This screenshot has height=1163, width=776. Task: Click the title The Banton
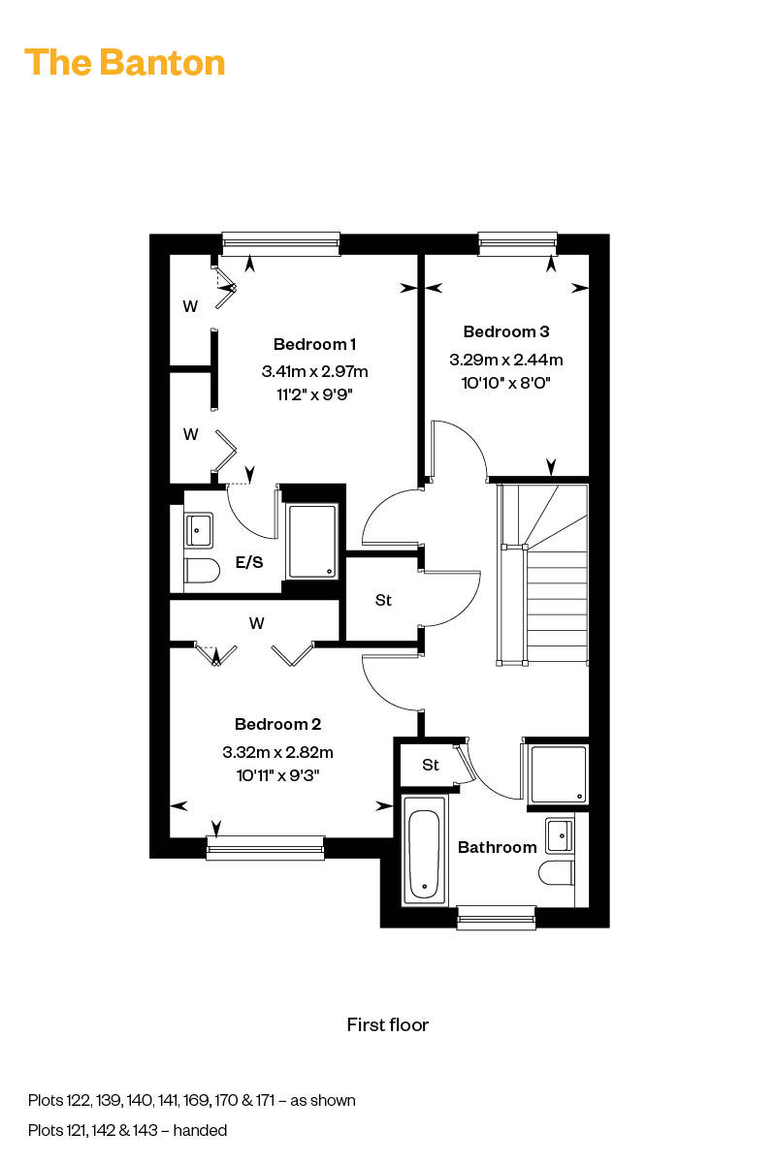coord(125,62)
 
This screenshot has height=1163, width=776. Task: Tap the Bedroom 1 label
coord(314,344)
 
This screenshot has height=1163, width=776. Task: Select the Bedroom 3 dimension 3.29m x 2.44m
coord(505,360)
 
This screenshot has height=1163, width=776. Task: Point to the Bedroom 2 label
coord(277,724)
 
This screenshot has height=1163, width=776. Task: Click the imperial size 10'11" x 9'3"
coord(277,775)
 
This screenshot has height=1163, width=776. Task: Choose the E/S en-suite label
coord(249,562)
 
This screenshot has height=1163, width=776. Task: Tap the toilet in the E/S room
coord(202,571)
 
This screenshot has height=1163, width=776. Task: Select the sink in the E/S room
coord(199,531)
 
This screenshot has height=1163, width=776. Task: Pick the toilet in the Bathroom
coord(556,873)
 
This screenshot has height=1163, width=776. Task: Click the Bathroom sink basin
coord(560,835)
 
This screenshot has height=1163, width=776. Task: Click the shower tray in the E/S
coord(312,541)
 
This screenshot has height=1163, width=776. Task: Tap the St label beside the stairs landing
coord(383,600)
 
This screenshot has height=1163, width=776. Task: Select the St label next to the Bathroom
coord(431,765)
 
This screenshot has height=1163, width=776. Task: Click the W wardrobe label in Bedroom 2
coord(256,623)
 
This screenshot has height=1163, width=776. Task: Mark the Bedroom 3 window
coord(518,243)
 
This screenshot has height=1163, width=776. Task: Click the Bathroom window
coord(496,918)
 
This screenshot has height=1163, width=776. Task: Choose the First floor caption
coord(388,1025)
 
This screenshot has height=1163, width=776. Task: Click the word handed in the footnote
coord(200,1130)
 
